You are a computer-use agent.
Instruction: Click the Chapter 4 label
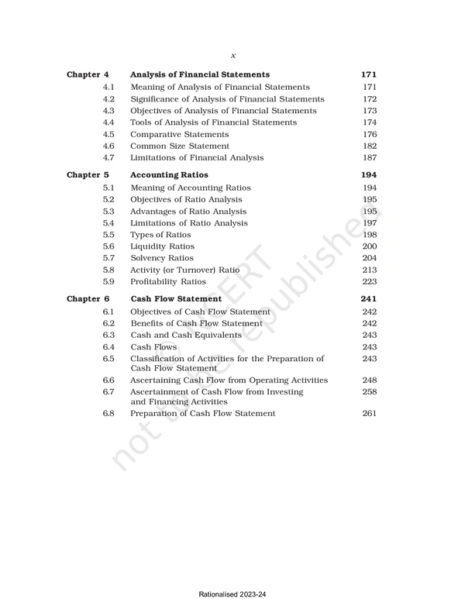click(x=88, y=74)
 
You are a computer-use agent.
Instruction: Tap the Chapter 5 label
click(x=88, y=175)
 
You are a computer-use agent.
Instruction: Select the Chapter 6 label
click(x=88, y=298)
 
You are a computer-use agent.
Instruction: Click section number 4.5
click(x=108, y=134)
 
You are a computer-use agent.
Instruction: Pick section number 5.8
click(x=108, y=270)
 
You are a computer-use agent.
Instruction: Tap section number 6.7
click(x=108, y=393)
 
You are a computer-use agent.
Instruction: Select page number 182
click(x=370, y=146)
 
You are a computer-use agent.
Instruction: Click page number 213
click(x=370, y=270)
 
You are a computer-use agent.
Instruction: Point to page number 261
click(x=370, y=413)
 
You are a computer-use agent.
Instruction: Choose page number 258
click(x=370, y=393)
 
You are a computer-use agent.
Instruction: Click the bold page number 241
click(x=369, y=298)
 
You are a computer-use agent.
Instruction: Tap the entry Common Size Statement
click(x=180, y=146)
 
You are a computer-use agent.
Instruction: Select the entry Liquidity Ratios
click(x=163, y=246)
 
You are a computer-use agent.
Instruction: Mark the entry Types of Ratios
click(x=160, y=235)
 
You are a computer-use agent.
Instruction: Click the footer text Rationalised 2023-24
click(x=232, y=593)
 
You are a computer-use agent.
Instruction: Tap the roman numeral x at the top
click(x=233, y=55)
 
